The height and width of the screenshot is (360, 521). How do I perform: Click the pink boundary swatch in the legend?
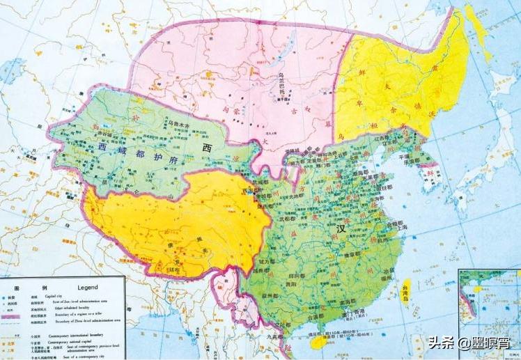[10, 317]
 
